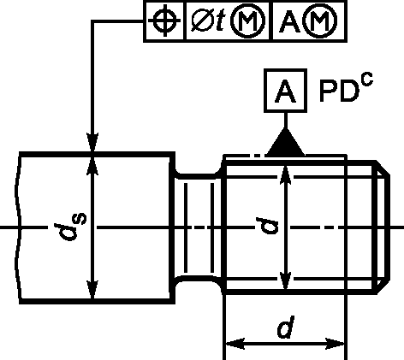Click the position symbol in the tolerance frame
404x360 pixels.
pos(164,21)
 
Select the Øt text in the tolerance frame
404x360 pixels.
pos(207,21)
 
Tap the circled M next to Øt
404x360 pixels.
pos(247,21)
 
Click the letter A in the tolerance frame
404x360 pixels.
pos(289,21)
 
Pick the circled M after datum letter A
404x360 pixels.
pos(320,21)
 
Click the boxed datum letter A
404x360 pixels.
pos(286,91)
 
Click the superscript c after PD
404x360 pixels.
pos(367,80)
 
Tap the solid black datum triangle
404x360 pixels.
pos(285,143)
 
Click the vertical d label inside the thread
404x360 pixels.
pos(267,226)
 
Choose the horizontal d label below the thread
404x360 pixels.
pos(286,328)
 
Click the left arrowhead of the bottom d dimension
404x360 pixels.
pos(235,344)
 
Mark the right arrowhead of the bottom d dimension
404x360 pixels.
pos(336,344)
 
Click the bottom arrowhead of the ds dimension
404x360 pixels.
pos(92,289)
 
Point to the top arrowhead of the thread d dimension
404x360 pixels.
pos(286,174)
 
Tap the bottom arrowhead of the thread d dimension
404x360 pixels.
pos(286,280)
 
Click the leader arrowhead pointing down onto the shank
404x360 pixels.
pos(92,143)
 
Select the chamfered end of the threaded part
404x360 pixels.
pos(383,227)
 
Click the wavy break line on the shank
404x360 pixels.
pos(18,227)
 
